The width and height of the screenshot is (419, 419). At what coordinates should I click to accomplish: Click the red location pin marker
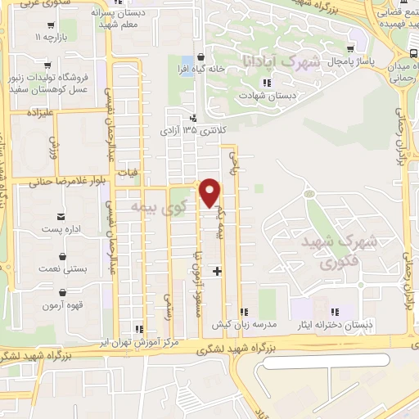(x=211, y=191)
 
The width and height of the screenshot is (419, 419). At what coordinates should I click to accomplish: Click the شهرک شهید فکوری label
(x=328, y=251)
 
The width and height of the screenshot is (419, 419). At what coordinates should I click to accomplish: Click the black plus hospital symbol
(x=217, y=270)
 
